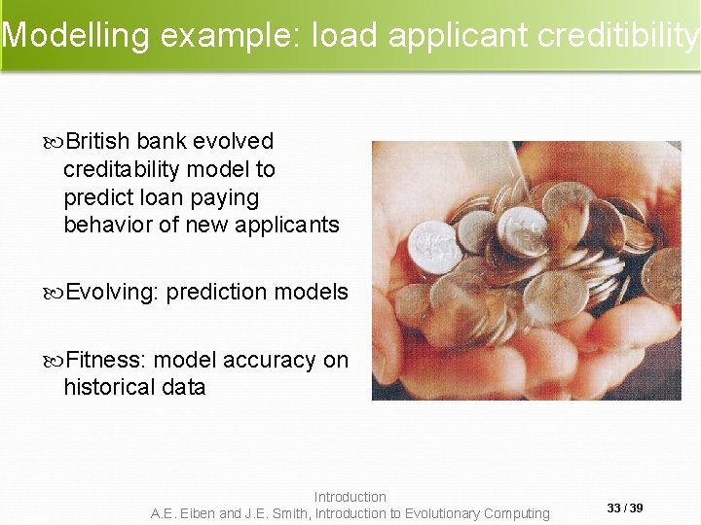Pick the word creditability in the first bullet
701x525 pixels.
(121, 170)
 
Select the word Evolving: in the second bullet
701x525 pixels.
(112, 293)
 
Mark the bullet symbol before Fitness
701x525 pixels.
(54, 361)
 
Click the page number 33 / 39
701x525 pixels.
(625, 508)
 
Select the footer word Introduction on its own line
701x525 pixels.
(350, 497)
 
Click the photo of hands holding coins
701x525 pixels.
(526, 270)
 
